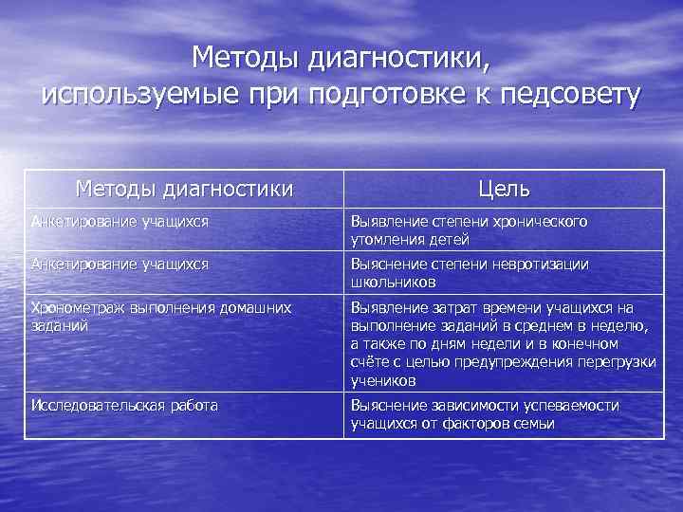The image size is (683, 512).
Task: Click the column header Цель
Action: point(504,190)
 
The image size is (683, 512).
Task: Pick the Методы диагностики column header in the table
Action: point(184,190)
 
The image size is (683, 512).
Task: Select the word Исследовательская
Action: point(98,406)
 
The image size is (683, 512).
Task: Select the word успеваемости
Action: point(572,406)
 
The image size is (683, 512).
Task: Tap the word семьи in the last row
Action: point(532,423)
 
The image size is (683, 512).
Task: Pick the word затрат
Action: point(459,308)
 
